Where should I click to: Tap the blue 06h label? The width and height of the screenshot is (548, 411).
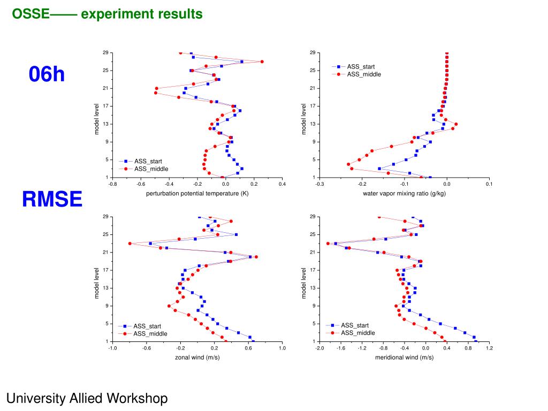(47, 74)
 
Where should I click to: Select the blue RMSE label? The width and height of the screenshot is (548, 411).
(52, 200)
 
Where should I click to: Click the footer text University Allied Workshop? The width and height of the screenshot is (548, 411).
(87, 398)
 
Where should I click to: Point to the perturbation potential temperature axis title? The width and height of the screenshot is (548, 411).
(197, 193)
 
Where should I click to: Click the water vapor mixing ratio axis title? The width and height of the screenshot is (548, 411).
(404, 193)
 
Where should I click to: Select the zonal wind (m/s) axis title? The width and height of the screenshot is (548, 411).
(197, 357)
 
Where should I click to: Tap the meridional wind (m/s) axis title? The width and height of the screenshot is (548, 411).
(404, 357)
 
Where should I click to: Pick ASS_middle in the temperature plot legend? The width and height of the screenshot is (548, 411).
(151, 169)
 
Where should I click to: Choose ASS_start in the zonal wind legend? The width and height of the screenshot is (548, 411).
(147, 326)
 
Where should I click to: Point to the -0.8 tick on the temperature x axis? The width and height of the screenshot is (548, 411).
(112, 184)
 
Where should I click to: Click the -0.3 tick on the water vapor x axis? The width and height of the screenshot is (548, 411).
(319, 184)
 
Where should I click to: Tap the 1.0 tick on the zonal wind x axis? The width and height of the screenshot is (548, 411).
(283, 348)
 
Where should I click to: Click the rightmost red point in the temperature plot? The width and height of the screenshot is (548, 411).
(262, 62)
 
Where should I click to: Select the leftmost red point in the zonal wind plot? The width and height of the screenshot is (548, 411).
(130, 243)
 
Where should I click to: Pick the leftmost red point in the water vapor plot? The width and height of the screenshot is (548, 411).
(348, 164)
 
